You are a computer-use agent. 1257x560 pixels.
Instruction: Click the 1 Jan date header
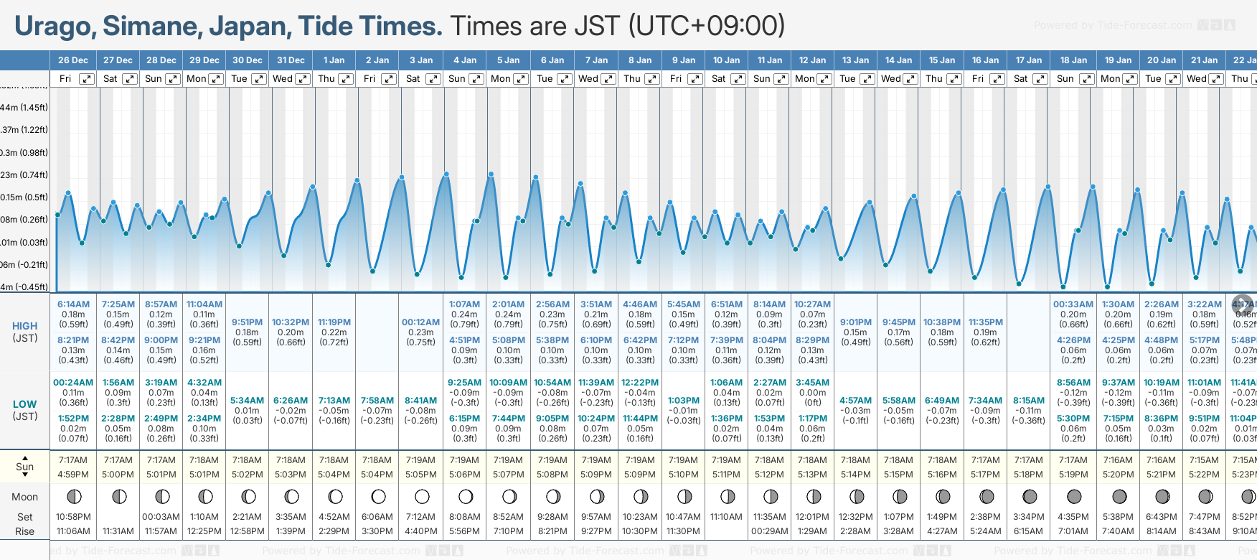(334, 60)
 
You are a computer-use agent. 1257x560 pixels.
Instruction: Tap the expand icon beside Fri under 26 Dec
(86, 79)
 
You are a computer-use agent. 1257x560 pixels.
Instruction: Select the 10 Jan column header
(726, 60)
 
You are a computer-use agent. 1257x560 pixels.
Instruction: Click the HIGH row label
(24, 326)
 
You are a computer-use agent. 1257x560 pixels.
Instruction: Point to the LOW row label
(24, 404)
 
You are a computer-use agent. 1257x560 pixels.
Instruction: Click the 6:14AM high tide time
(73, 304)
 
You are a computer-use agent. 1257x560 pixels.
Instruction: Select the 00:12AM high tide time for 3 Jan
(420, 322)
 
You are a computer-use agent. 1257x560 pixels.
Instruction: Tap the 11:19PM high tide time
(334, 322)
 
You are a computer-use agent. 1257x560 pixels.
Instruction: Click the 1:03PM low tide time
(683, 401)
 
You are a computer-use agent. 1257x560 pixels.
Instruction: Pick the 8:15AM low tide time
(1029, 401)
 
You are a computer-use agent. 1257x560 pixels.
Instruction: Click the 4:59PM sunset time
(73, 475)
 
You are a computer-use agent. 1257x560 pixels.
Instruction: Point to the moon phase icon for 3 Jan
(422, 497)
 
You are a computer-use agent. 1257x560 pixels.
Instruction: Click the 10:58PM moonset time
(73, 517)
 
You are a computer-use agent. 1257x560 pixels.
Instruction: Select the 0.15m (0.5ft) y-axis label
(24, 197)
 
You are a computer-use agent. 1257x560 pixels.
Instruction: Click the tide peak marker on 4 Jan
(446, 174)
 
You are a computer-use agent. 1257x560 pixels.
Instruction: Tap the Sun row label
(24, 467)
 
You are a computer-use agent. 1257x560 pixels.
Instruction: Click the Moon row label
(24, 497)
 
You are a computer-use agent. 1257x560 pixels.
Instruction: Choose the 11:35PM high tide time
(985, 322)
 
